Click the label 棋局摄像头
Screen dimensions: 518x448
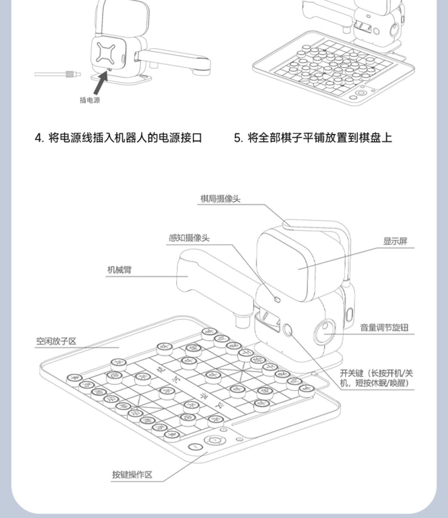[x=220, y=199]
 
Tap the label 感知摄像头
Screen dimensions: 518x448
[x=189, y=238]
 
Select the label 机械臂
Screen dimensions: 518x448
[x=119, y=270]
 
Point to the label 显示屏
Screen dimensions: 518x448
[x=395, y=241]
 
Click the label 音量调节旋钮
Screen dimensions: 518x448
[x=384, y=328]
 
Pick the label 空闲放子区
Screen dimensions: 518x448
[x=56, y=341]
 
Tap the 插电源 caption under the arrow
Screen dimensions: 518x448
[x=90, y=100]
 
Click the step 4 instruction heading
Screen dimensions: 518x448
[x=119, y=138]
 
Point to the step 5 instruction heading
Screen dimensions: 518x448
[x=313, y=138]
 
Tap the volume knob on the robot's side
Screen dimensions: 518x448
[x=325, y=330]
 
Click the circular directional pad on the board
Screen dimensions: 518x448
[x=214, y=440]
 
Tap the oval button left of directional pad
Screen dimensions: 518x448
[x=195, y=447]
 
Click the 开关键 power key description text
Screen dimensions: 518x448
[x=376, y=378]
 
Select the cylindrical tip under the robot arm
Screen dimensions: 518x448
[x=242, y=321]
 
